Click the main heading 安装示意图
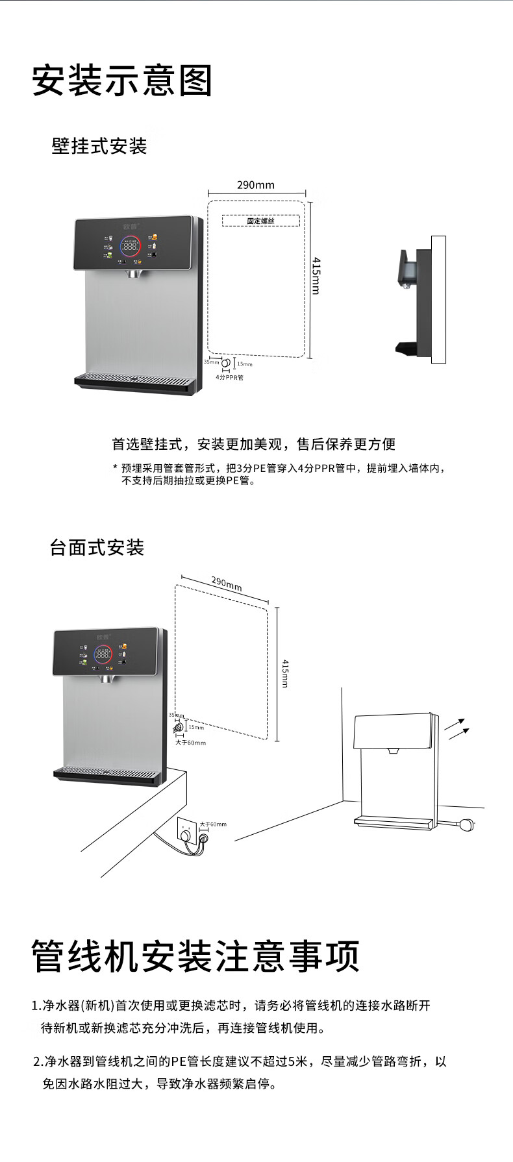(122, 81)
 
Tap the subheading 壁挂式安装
(99, 146)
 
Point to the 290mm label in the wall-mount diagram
(256, 185)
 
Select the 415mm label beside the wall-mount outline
(316, 275)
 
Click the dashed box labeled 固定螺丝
(260, 221)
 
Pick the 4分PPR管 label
(230, 377)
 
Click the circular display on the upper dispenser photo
(131, 246)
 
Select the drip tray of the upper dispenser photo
(135, 382)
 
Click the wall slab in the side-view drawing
(439, 299)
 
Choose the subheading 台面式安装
(97, 547)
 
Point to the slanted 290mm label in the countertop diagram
(227, 583)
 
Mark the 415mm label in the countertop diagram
(285, 673)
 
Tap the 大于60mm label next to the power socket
(213, 824)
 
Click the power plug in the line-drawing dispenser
(469, 825)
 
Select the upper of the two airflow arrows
(455, 724)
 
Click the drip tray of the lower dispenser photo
(107, 774)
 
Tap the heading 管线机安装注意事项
(195, 956)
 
